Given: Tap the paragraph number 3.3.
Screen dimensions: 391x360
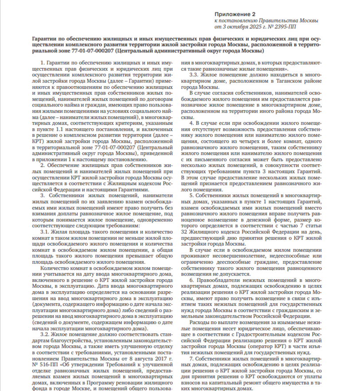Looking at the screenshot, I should point(194,76).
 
